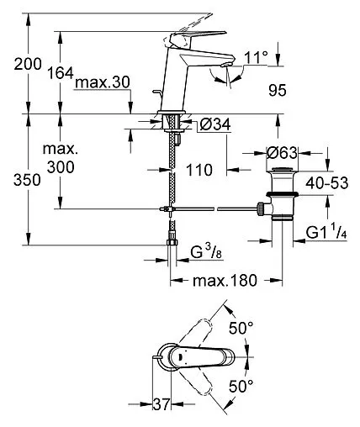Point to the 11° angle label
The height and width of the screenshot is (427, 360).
(257, 58)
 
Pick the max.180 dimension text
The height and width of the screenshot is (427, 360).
(224, 280)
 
